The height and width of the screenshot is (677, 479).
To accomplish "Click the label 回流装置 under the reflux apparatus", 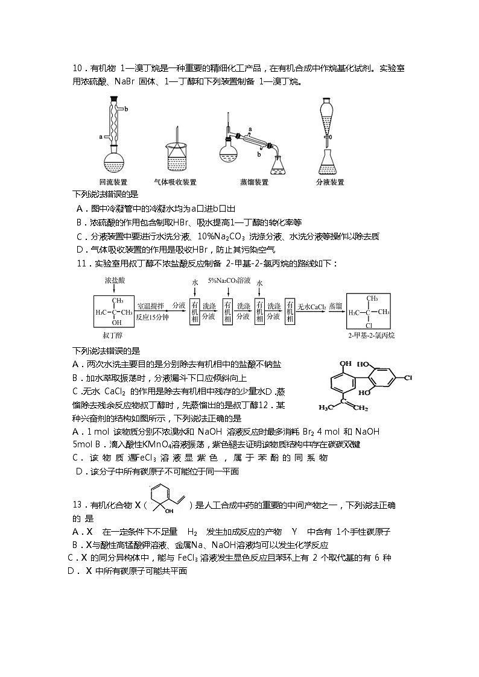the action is point(113,181).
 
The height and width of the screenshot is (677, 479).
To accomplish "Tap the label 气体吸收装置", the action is point(175,181).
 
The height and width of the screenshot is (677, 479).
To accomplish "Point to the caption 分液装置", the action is point(330,181).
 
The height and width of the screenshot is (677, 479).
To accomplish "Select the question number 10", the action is point(77,68).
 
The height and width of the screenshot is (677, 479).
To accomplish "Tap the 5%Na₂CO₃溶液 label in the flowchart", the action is point(228,281).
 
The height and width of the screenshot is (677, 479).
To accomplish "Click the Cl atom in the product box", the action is point(367,325).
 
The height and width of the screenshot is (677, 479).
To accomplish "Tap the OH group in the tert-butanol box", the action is point(113,323).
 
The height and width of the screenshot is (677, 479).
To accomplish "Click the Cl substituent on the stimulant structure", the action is point(408,378).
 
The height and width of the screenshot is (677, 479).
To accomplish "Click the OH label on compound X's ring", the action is point(169,511).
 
